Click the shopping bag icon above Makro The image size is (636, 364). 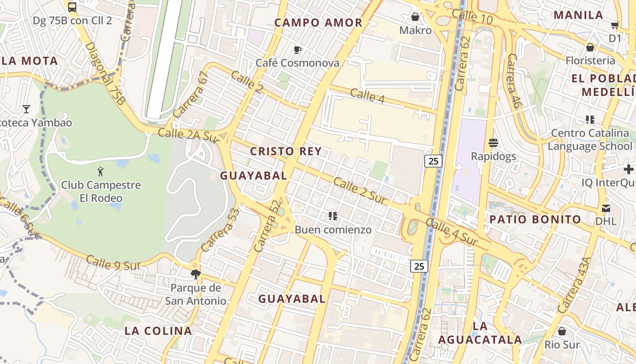pyautogui.click(x=415, y=17)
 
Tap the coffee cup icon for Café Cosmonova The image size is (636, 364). pyautogui.click(x=298, y=50)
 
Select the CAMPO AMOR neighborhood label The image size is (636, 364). pyautogui.click(x=318, y=23)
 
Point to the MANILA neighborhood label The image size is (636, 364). pyautogui.click(x=578, y=15)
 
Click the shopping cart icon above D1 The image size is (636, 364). pyautogui.click(x=615, y=25)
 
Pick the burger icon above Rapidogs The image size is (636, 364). pyautogui.click(x=493, y=143)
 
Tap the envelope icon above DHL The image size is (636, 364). pyautogui.click(x=606, y=208)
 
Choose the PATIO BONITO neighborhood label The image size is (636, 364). pyautogui.click(x=535, y=219)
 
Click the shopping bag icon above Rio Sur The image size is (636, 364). pyautogui.click(x=562, y=331)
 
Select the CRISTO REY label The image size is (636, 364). pyautogui.click(x=286, y=152)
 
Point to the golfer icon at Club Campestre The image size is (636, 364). pyautogui.click(x=101, y=172)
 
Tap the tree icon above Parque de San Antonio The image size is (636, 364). pyautogui.click(x=196, y=274)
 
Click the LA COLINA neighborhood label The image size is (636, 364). pyautogui.click(x=158, y=331)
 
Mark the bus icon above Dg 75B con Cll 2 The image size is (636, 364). pyautogui.click(x=72, y=7)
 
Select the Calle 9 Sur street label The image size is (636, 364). pyautogui.click(x=112, y=263)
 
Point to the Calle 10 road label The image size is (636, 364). pyautogui.click(x=472, y=17)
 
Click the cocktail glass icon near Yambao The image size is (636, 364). pyautogui.click(x=26, y=109)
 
